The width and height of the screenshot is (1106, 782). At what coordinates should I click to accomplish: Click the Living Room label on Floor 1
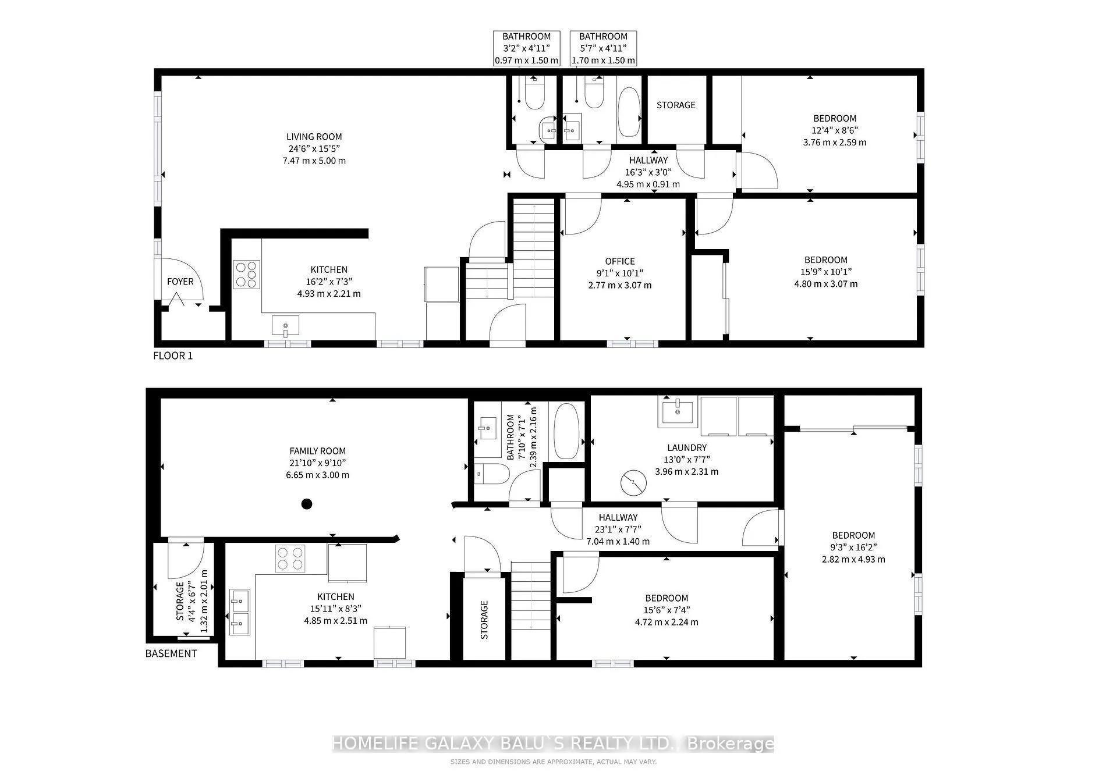[x=314, y=137]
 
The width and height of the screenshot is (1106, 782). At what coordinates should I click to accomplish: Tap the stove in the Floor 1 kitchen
[x=246, y=275]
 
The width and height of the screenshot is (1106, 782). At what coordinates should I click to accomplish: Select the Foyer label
[x=180, y=282]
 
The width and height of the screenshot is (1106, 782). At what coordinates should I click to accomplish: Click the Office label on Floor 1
[x=619, y=261]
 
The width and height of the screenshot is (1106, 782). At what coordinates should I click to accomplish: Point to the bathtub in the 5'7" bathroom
[x=628, y=112]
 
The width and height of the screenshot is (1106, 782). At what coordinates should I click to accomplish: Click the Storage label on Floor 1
[x=676, y=105]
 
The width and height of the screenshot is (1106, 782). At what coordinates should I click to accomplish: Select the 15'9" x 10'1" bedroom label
[x=825, y=260]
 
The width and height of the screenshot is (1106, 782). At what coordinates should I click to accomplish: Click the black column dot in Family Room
[x=307, y=504]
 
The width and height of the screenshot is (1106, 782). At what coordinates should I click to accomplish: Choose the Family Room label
[x=317, y=451]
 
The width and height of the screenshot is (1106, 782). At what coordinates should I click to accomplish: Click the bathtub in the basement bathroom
[x=566, y=431]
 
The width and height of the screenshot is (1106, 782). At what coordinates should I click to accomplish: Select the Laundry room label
[x=687, y=447]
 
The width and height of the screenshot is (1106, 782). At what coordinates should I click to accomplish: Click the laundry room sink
[x=678, y=411]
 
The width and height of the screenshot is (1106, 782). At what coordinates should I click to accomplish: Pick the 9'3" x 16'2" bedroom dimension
[x=853, y=548]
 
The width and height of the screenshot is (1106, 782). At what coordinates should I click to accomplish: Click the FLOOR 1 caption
[x=173, y=356]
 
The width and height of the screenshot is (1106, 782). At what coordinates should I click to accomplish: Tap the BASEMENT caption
[x=171, y=653]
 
